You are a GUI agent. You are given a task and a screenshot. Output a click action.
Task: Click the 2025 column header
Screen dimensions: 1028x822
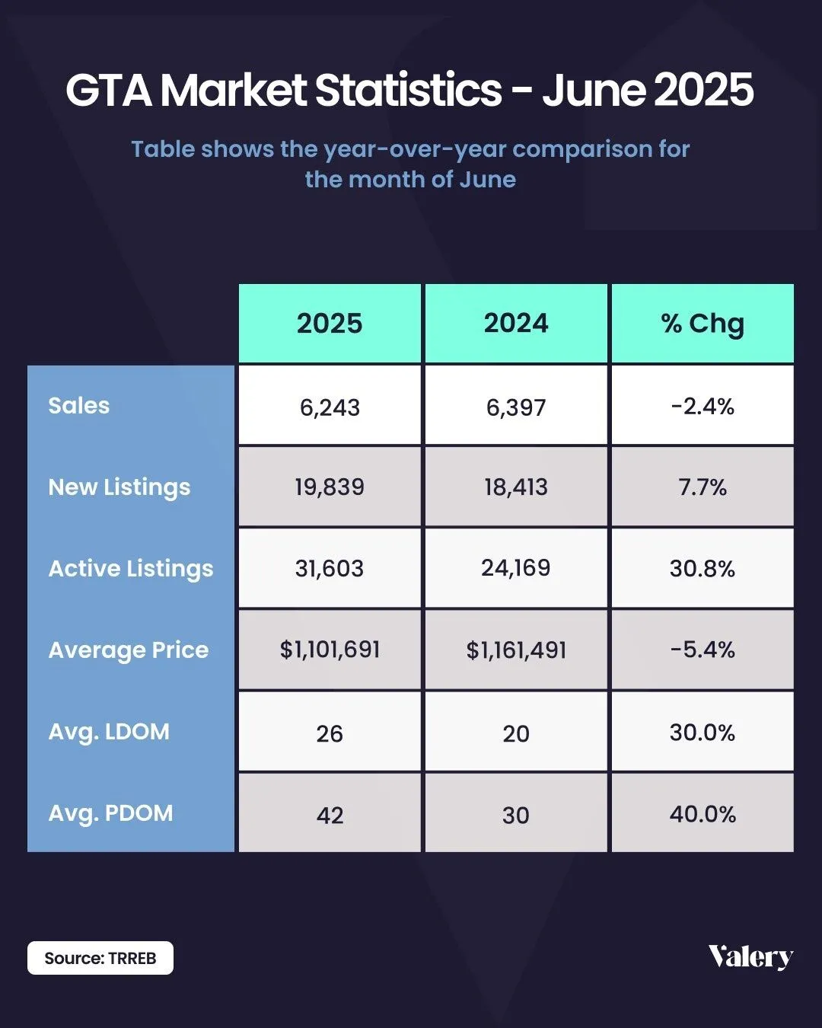click(330, 324)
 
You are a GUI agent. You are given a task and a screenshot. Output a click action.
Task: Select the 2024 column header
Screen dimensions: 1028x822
click(516, 324)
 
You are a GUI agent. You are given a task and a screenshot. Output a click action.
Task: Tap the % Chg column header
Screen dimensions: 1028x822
click(703, 324)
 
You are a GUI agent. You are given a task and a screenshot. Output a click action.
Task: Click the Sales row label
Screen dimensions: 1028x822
click(79, 406)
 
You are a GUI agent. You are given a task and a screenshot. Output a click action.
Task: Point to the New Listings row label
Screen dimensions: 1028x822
click(119, 487)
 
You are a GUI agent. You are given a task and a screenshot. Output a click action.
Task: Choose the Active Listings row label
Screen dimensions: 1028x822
click(131, 569)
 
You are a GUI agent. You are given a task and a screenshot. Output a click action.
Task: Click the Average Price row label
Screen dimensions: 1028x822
click(129, 650)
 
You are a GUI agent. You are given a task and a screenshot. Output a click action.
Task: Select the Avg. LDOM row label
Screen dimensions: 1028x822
click(109, 732)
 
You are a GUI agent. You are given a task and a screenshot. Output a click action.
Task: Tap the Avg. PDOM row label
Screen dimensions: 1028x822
click(111, 813)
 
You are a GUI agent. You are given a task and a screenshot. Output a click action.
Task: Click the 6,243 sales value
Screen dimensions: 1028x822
click(330, 407)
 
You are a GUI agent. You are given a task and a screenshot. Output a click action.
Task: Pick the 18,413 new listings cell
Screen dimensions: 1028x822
click(516, 487)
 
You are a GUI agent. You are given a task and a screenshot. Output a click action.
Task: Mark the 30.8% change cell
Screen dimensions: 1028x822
click(703, 569)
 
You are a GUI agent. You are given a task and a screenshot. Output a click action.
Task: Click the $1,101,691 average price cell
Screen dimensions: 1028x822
click(330, 650)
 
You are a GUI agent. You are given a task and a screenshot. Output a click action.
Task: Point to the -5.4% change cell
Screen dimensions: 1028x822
click(703, 650)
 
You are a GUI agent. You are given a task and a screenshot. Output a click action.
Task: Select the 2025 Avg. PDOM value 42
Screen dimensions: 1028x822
click(330, 816)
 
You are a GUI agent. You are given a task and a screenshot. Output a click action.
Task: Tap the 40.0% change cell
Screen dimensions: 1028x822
click(703, 814)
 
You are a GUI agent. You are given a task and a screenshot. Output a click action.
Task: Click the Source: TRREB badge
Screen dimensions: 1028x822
click(100, 958)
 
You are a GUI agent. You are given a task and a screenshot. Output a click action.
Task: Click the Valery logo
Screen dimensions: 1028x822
click(750, 957)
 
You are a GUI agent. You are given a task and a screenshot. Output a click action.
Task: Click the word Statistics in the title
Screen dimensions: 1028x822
click(409, 90)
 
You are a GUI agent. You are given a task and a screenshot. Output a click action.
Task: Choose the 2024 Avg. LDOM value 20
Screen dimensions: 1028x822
click(516, 734)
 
